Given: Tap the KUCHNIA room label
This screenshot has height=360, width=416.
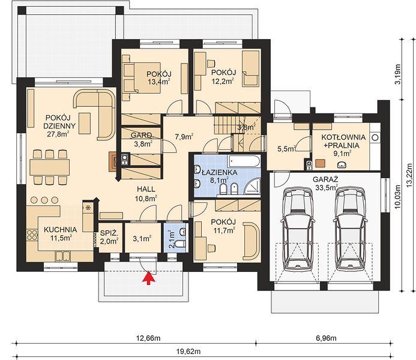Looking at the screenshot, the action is pyautogui.click(x=60, y=230).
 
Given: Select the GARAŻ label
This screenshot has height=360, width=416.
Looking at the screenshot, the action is pyautogui.click(x=325, y=179).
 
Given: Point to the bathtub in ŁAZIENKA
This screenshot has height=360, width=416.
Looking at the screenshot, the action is pyautogui.click(x=244, y=161).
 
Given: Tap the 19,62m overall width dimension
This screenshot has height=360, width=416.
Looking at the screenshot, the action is pyautogui.click(x=188, y=352).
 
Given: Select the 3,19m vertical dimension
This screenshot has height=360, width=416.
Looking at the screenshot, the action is pyautogui.click(x=398, y=74).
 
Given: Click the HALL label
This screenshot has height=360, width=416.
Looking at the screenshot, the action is pyautogui.click(x=146, y=189).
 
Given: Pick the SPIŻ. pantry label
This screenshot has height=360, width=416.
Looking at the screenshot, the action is pyautogui.click(x=109, y=233).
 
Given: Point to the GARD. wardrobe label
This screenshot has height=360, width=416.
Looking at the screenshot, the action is pyautogui.click(x=142, y=136).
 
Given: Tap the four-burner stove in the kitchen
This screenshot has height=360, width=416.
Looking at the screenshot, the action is pyautogui.click(x=32, y=235).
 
